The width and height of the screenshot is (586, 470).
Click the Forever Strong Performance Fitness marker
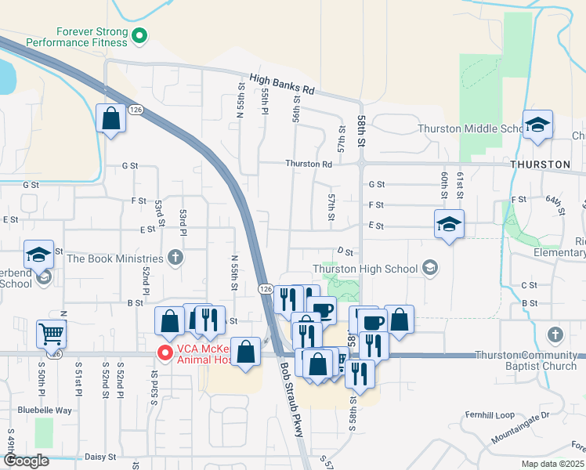139,34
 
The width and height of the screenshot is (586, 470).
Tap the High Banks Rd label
282,84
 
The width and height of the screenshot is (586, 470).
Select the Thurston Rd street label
309,164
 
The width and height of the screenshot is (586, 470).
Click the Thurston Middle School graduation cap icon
538,125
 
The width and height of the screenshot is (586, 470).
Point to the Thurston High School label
365,269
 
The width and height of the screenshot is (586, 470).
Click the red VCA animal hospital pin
165,353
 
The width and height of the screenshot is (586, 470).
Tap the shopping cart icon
51,334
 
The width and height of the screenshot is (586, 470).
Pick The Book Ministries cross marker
175,258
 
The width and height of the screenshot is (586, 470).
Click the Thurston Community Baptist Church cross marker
555,335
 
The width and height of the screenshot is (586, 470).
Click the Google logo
25,461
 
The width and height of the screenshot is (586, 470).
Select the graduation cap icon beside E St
450,225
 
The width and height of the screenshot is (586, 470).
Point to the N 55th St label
233,272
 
